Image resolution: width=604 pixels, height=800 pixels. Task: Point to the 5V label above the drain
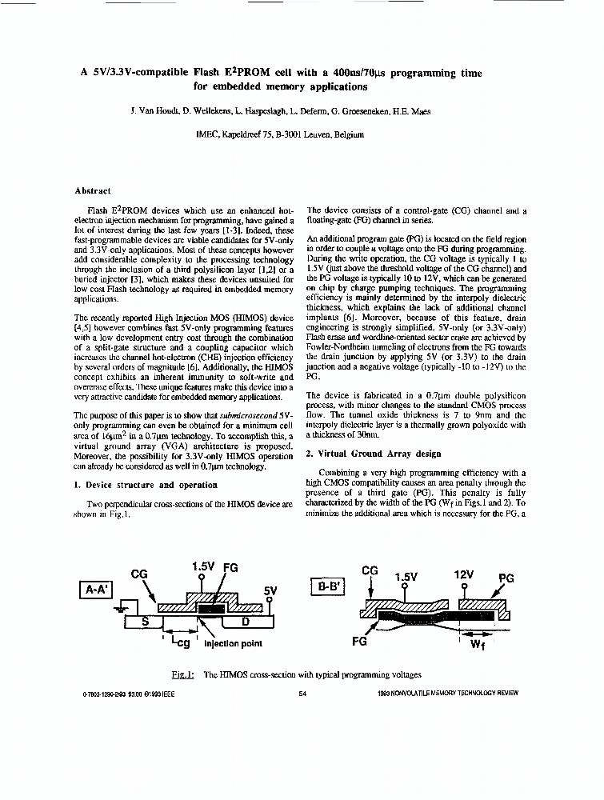tap(270, 591)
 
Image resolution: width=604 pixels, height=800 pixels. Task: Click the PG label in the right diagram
tap(506, 578)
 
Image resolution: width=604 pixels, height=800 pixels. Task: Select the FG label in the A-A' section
tap(230, 566)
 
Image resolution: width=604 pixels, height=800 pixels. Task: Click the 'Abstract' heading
tap(92, 191)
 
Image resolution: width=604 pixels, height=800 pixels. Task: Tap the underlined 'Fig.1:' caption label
tap(183, 674)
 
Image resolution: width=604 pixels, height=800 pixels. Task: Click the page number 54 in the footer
tap(302, 694)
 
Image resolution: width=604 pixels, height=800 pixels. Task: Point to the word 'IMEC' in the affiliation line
tap(208, 134)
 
